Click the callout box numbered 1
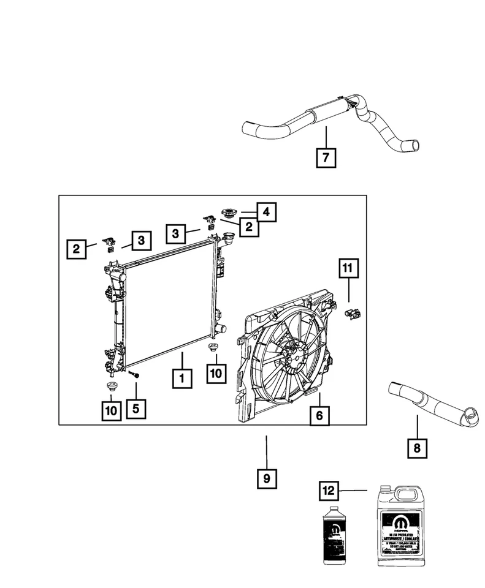coord(181,378)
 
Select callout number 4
coord(266,212)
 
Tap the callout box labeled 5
coord(136,408)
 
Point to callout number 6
coord(319,416)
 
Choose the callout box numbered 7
coord(326,157)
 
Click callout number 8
coord(417,448)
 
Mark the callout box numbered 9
coord(267,478)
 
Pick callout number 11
coord(347,268)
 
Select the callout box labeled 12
coord(329,491)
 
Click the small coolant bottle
coord(336,537)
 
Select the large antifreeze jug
coord(399,528)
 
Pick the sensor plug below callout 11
coord(353,314)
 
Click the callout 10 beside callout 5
coord(111,411)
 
